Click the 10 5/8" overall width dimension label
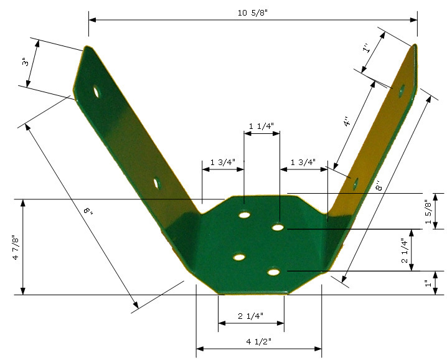253,13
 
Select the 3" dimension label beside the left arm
26,62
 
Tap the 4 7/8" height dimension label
16,247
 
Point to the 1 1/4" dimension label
261,126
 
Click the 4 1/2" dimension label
259,341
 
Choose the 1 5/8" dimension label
428,212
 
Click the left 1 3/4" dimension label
223,163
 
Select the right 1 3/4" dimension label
303,163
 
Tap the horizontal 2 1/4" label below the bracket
251,316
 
